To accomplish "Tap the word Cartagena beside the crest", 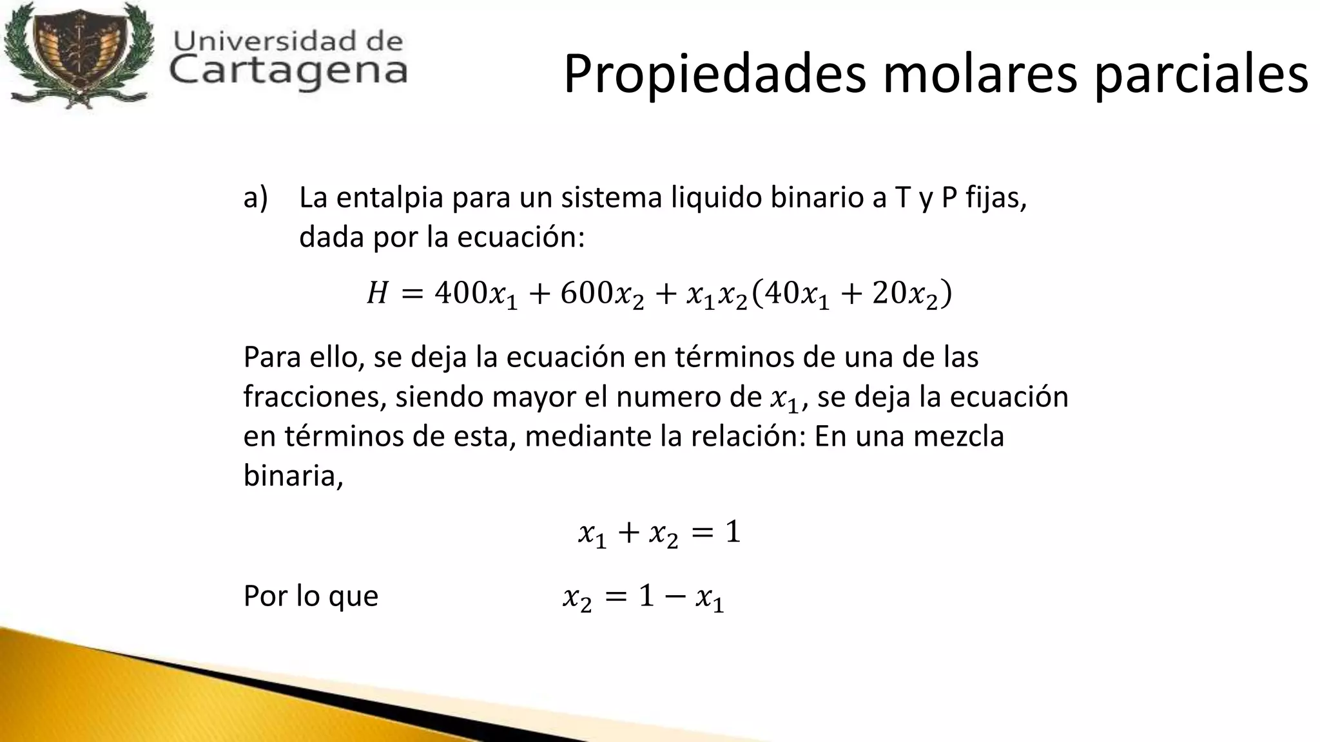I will click(289, 70).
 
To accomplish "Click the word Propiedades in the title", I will click(714, 75).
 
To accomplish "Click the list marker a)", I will click(255, 198).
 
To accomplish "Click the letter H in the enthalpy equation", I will click(377, 294).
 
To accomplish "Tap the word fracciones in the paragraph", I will click(315, 397).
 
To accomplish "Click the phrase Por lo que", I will click(311, 596).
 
